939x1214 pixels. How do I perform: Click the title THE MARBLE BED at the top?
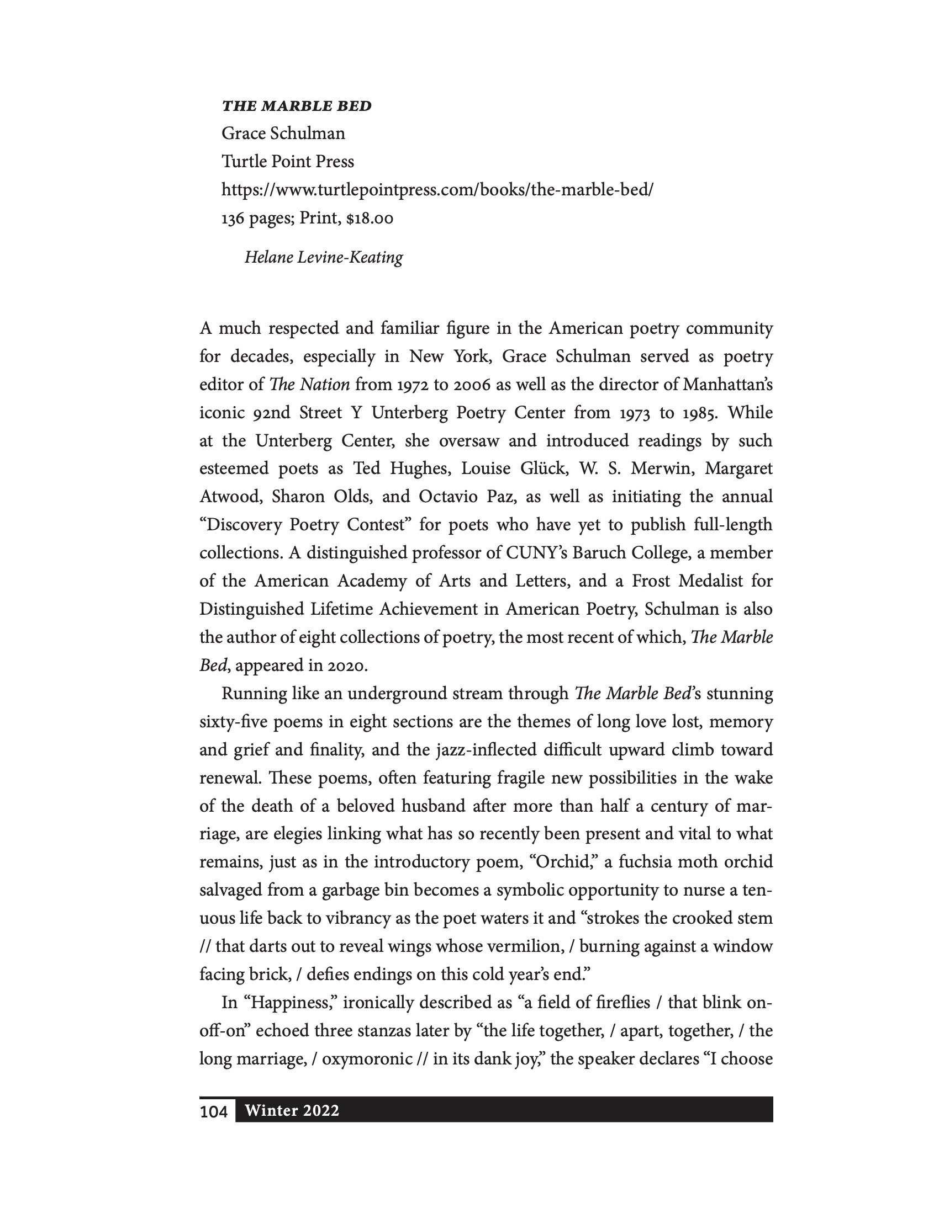tap(297, 105)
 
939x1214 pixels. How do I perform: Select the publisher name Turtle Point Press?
tap(288, 161)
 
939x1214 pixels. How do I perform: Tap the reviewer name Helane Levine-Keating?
tap(324, 257)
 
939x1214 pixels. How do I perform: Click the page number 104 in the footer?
tap(214, 1111)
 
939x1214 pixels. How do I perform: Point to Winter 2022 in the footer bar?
tap(292, 1111)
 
